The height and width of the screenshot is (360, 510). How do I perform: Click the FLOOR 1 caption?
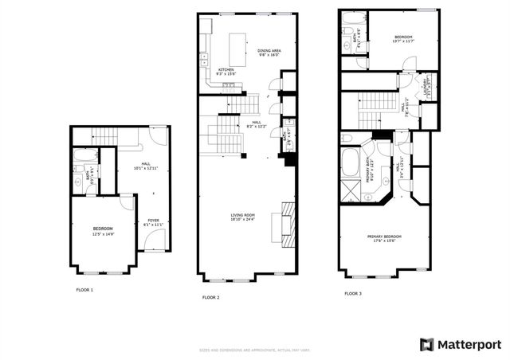tap(84, 290)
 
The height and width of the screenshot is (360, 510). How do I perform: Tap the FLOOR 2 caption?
tap(210, 297)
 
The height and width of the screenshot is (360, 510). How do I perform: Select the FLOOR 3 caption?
tap(352, 294)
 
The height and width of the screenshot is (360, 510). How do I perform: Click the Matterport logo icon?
tap(427, 344)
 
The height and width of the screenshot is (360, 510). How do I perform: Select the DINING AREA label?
tap(269, 51)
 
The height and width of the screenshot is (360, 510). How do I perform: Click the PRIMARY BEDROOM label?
tap(385, 236)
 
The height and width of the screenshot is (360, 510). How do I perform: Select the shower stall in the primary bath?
tap(349, 191)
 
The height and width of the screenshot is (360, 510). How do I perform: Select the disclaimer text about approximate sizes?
tap(254, 350)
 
